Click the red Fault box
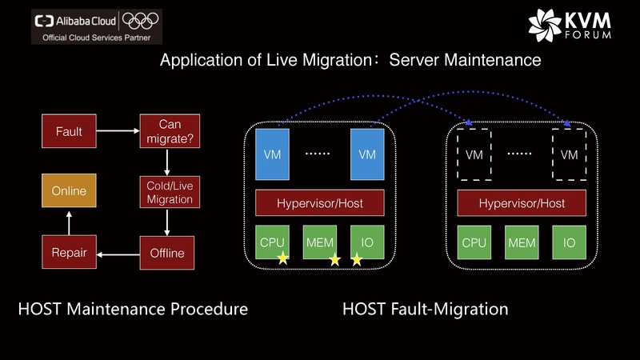(69, 131)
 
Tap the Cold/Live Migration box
(169, 192)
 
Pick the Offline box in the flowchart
(166, 253)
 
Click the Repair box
(69, 253)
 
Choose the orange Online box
(69, 192)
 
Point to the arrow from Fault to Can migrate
(118, 130)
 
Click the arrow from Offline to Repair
(118, 254)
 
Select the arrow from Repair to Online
(69, 222)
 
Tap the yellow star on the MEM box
(334, 259)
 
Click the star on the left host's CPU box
(282, 258)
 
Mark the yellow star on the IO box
(357, 259)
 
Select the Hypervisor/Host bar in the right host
(522, 203)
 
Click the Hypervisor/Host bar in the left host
(320, 203)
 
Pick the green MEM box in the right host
(522, 242)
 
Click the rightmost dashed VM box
(569, 154)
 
